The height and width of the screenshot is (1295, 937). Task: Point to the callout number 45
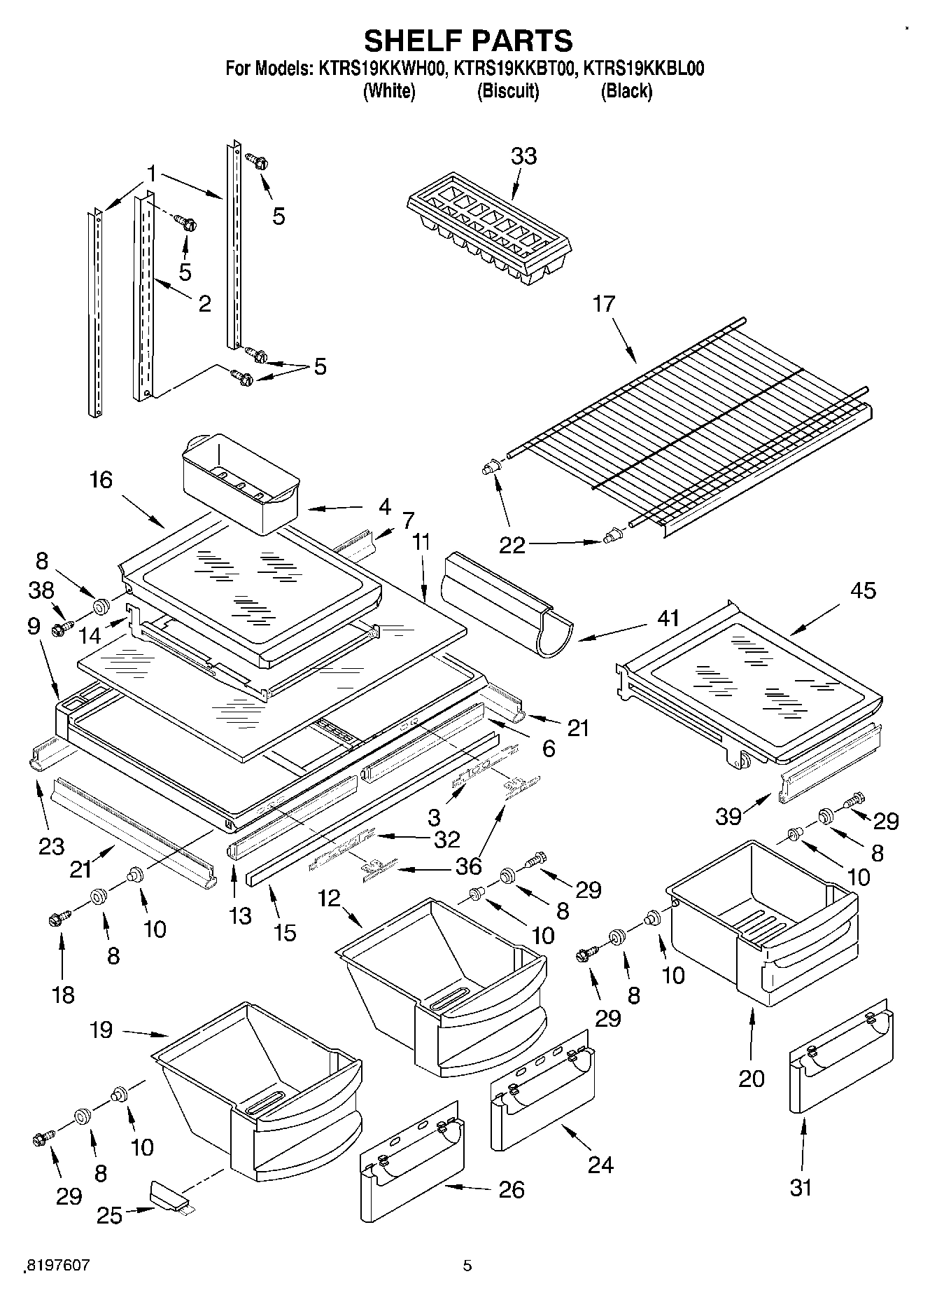[862, 590]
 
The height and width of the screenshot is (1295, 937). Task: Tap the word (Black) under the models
[626, 91]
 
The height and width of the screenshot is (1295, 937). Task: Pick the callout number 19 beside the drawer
[101, 1030]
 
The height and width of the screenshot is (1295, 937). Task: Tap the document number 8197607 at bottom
[57, 1266]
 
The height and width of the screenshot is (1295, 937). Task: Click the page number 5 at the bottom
[467, 1266]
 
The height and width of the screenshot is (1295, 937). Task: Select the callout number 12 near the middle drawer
[330, 898]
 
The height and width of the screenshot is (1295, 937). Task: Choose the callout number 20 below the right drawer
[752, 1079]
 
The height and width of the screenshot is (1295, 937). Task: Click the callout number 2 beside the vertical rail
[204, 303]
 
